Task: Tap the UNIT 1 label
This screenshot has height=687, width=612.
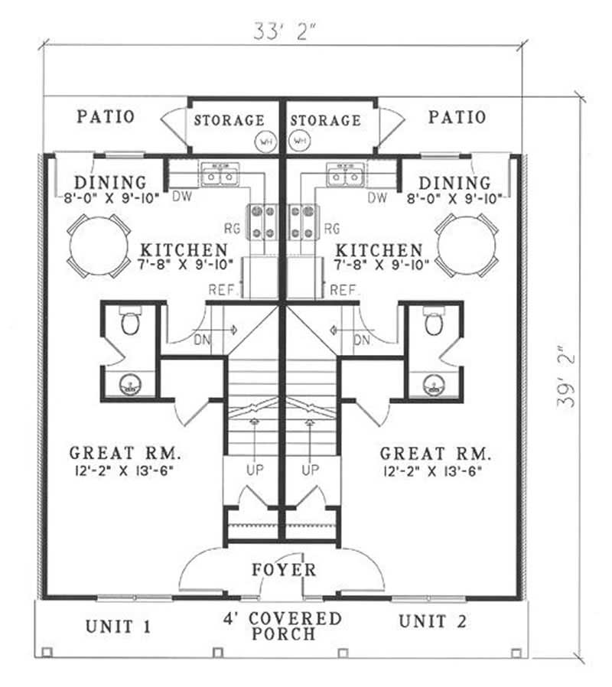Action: point(118,627)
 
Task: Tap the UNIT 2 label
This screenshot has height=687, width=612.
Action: point(432,621)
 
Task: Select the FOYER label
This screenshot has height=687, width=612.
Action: point(284,570)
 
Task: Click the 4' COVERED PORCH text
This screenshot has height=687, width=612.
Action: point(283,626)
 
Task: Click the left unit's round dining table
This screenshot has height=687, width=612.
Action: point(98,246)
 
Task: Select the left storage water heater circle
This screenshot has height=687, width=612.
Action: point(265,141)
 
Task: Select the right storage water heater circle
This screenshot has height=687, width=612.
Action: point(299,141)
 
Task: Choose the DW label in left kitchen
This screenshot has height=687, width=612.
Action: point(182,197)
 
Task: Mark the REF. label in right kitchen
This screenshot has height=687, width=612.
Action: point(345,290)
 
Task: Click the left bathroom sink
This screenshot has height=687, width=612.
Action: point(129,383)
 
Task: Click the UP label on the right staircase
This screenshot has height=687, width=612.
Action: point(310,469)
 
